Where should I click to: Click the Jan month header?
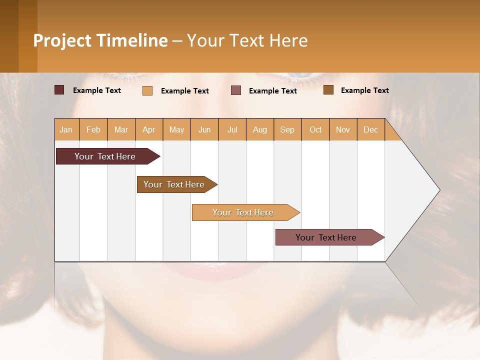66,129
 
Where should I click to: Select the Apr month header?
149,129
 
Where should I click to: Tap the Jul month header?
232,129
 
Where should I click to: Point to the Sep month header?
287,129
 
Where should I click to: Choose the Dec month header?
370,129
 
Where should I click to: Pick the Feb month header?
93,129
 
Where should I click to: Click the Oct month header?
315,129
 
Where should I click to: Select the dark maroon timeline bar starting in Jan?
105,156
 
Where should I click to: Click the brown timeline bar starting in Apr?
174,184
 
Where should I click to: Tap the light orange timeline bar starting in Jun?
243,212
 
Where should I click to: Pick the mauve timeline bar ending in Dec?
326,237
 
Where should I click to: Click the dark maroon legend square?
59,90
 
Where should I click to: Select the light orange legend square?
147,90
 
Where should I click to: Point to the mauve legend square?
236,90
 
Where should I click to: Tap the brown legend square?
328,90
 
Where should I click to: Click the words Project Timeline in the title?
100,40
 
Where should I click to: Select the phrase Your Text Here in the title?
247,40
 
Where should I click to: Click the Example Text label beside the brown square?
364,90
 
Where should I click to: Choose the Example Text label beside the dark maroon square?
97,90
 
